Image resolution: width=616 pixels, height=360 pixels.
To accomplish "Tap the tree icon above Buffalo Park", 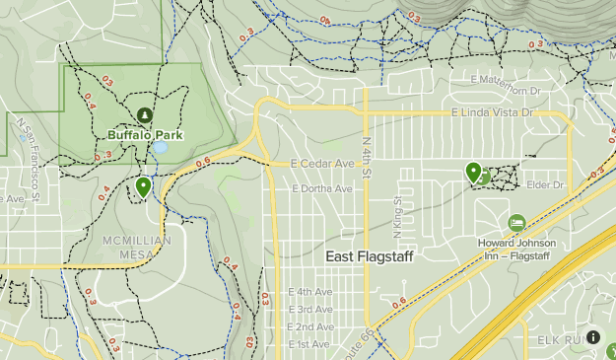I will tap(146, 115).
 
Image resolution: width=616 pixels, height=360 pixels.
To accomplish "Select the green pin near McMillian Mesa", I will tap(144, 185).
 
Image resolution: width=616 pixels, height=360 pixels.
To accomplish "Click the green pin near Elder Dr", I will tap(474, 173).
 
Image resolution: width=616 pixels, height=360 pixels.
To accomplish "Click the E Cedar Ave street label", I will tap(322, 164).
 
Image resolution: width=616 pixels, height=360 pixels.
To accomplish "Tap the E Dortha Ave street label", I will tap(321, 188).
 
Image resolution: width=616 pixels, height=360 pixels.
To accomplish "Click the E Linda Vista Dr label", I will tap(492, 114).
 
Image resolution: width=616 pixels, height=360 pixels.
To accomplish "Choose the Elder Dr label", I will tap(545, 184).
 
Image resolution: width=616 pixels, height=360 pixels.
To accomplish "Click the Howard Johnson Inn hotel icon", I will tap(516, 223).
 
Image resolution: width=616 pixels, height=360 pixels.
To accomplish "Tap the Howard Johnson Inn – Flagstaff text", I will tap(516, 249).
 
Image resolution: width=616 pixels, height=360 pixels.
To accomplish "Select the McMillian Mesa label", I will tap(137, 247).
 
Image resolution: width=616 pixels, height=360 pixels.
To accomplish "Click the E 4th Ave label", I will tap(310, 292).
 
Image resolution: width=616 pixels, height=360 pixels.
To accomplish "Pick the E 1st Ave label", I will tap(308, 343).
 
